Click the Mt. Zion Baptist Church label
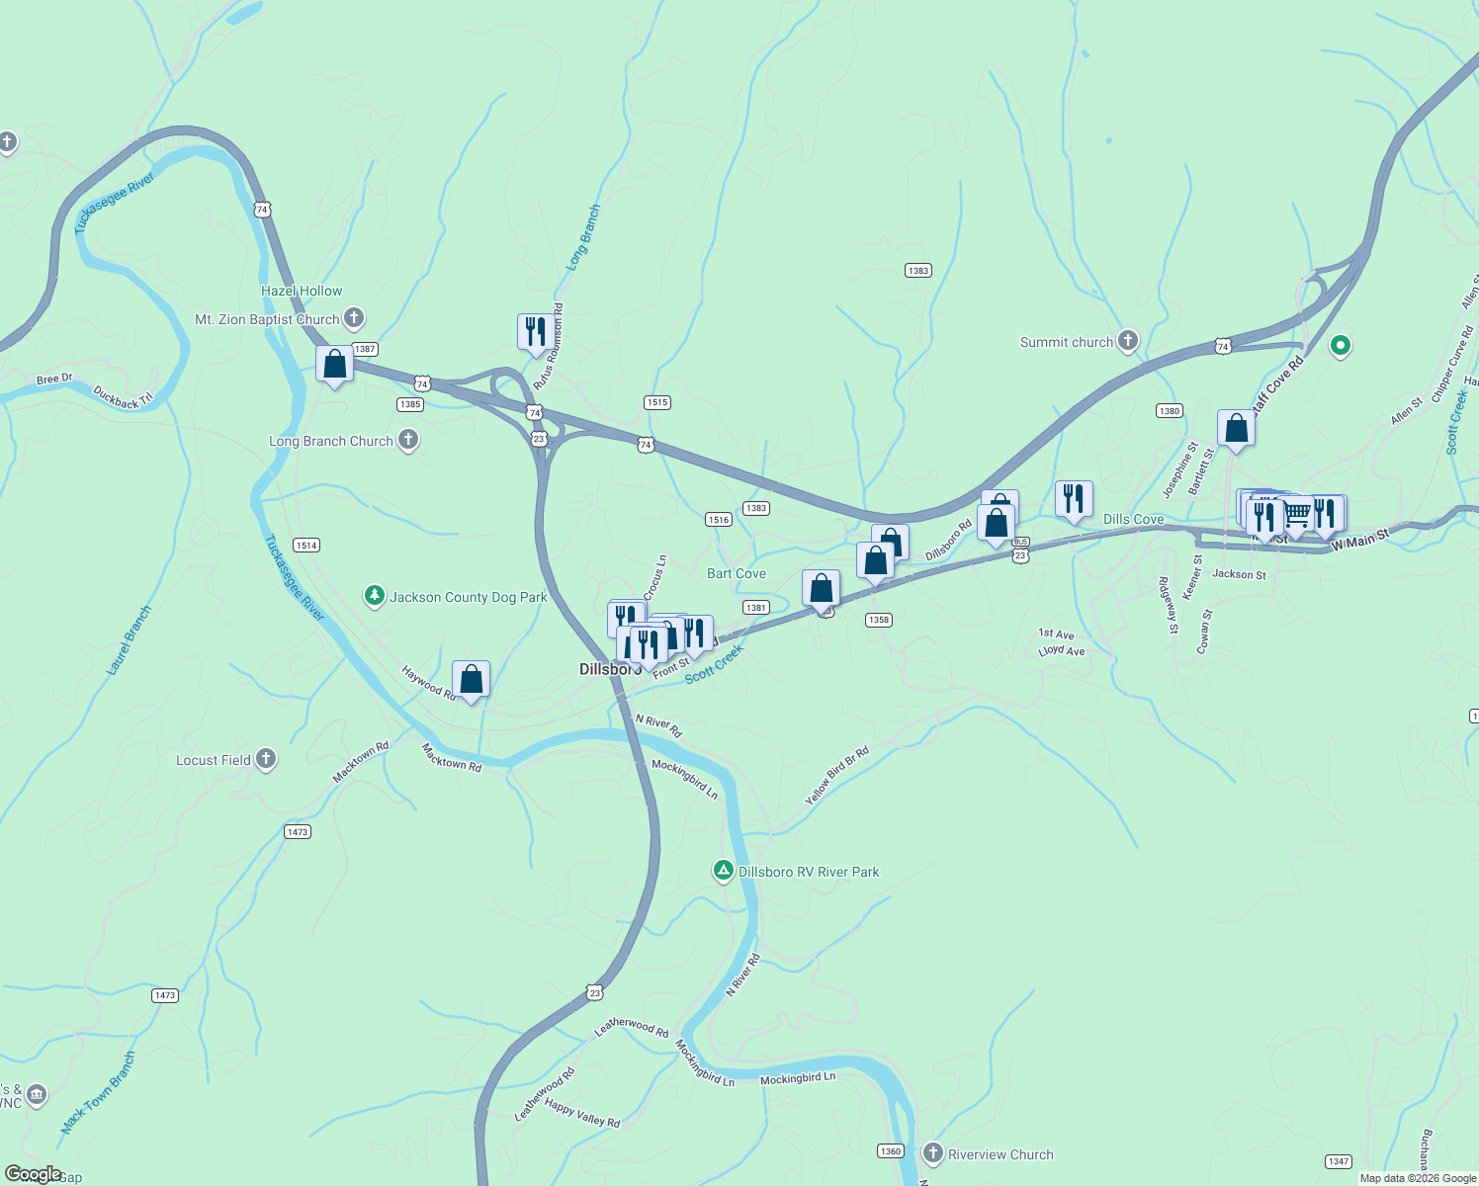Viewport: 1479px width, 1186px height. click(267, 319)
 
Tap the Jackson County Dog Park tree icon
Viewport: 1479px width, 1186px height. click(374, 595)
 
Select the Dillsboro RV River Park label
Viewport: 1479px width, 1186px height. click(809, 872)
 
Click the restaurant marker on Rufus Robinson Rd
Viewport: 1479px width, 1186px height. click(535, 332)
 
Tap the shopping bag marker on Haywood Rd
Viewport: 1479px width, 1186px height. click(471, 679)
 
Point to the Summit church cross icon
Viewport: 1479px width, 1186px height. click(1128, 341)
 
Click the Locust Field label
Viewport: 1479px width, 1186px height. click(213, 760)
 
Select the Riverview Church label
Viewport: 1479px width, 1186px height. click(1000, 1154)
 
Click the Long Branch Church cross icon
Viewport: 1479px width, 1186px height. click(408, 441)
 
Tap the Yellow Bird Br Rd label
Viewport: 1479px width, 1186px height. click(836, 776)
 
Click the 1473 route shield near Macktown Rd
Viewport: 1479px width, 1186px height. click(298, 832)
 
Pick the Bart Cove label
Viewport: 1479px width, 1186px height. click(737, 573)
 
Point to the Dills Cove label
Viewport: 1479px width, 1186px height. click(1133, 519)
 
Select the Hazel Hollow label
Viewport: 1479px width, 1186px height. click(302, 291)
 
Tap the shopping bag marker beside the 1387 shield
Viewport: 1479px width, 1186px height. click(335, 364)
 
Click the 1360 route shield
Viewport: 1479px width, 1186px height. click(890, 1150)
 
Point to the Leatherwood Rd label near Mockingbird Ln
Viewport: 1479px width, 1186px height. click(631, 1027)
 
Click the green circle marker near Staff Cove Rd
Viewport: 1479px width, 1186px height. click(1341, 345)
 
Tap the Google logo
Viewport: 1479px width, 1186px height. click(33, 1174)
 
